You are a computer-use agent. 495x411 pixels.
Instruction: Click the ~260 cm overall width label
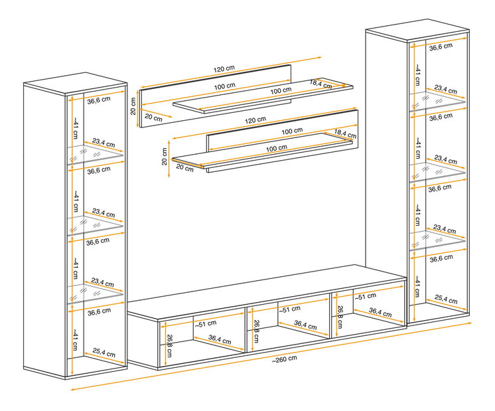click(x=285, y=359)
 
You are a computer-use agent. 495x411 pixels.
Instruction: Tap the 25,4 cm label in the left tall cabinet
click(x=104, y=353)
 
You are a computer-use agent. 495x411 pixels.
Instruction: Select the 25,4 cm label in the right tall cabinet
click(x=446, y=299)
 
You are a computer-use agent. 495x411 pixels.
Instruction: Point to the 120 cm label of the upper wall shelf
click(x=224, y=68)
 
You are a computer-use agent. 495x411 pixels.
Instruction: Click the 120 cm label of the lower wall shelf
click(x=255, y=120)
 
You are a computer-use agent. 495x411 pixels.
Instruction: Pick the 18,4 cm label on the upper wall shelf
click(x=320, y=84)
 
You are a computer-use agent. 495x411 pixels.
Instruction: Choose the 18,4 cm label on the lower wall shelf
click(x=345, y=134)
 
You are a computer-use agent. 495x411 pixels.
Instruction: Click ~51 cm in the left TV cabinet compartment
click(x=206, y=324)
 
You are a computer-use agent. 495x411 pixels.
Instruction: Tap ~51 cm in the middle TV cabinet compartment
click(x=289, y=309)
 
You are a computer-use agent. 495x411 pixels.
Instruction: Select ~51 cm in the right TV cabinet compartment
click(x=365, y=297)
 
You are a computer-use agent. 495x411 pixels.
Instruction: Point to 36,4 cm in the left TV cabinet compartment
click(x=220, y=340)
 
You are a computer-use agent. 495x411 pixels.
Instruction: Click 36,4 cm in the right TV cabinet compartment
click(x=380, y=313)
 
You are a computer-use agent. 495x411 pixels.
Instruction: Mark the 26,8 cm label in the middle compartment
click(x=256, y=331)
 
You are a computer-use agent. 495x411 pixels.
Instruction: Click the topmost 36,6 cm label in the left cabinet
click(x=99, y=100)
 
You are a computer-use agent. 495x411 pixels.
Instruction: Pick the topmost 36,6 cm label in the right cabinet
click(x=441, y=47)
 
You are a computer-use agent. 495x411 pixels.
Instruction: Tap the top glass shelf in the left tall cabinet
click(x=96, y=154)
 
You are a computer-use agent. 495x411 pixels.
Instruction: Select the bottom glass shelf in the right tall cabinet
click(x=437, y=240)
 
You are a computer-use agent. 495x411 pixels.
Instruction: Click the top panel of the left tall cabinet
click(x=76, y=83)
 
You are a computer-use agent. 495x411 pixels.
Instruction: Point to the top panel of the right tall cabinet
click(x=417, y=30)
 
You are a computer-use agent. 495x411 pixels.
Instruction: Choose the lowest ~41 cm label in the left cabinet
click(x=75, y=339)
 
